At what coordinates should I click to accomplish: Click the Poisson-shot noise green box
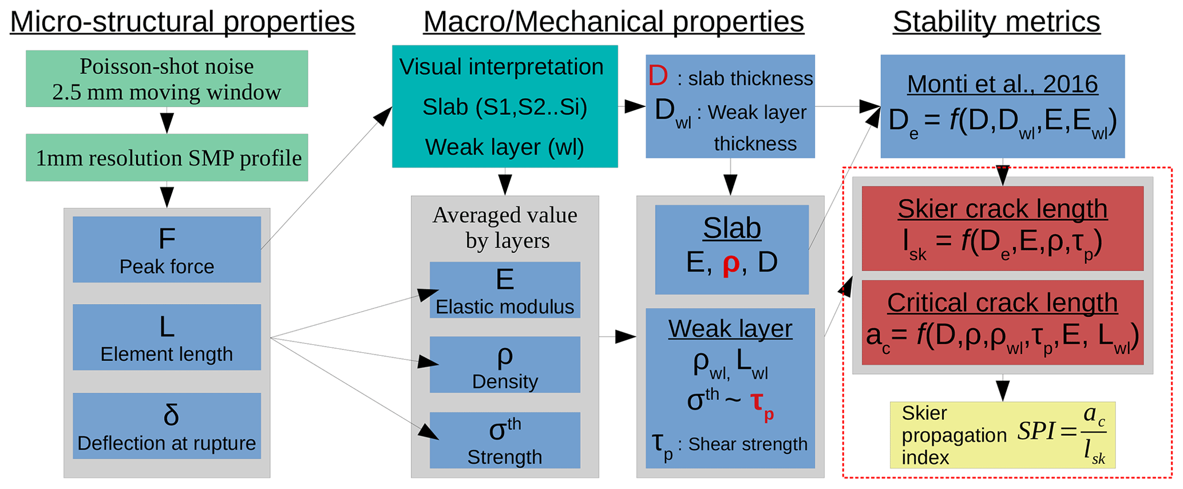167,79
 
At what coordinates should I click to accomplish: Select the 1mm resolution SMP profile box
167,158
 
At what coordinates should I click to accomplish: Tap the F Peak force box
167,249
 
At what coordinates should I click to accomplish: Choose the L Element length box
167,337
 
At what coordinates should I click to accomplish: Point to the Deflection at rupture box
167,426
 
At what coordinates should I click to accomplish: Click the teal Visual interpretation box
505,106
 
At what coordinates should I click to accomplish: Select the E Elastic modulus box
505,290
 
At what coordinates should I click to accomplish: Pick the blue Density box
505,365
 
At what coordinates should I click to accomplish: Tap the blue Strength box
505,440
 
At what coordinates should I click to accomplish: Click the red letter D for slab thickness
658,77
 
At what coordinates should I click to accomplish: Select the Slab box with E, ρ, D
732,250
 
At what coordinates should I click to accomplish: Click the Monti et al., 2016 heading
1003,85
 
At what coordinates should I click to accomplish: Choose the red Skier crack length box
1003,229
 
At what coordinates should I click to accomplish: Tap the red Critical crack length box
1003,323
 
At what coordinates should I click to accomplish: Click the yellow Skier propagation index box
1003,435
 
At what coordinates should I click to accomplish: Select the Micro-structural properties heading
183,22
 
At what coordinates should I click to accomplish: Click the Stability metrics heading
996,22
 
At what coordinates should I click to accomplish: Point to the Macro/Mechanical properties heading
614,22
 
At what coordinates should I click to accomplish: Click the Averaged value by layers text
505,228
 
